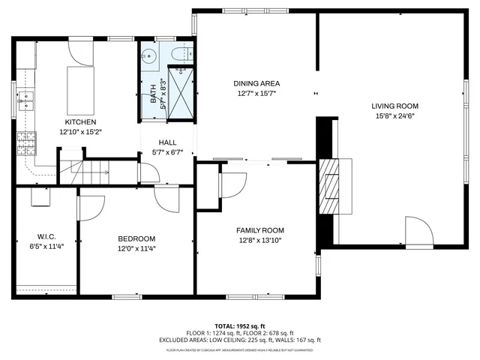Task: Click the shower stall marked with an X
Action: (x=181, y=93)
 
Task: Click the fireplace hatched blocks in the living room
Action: (x=329, y=187)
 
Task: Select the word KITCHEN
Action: (x=80, y=121)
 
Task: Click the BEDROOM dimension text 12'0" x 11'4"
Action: (x=136, y=248)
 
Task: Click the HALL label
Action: (x=167, y=142)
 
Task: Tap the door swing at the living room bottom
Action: (x=418, y=232)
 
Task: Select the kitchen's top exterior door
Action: (x=79, y=52)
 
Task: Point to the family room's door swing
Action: (x=233, y=183)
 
